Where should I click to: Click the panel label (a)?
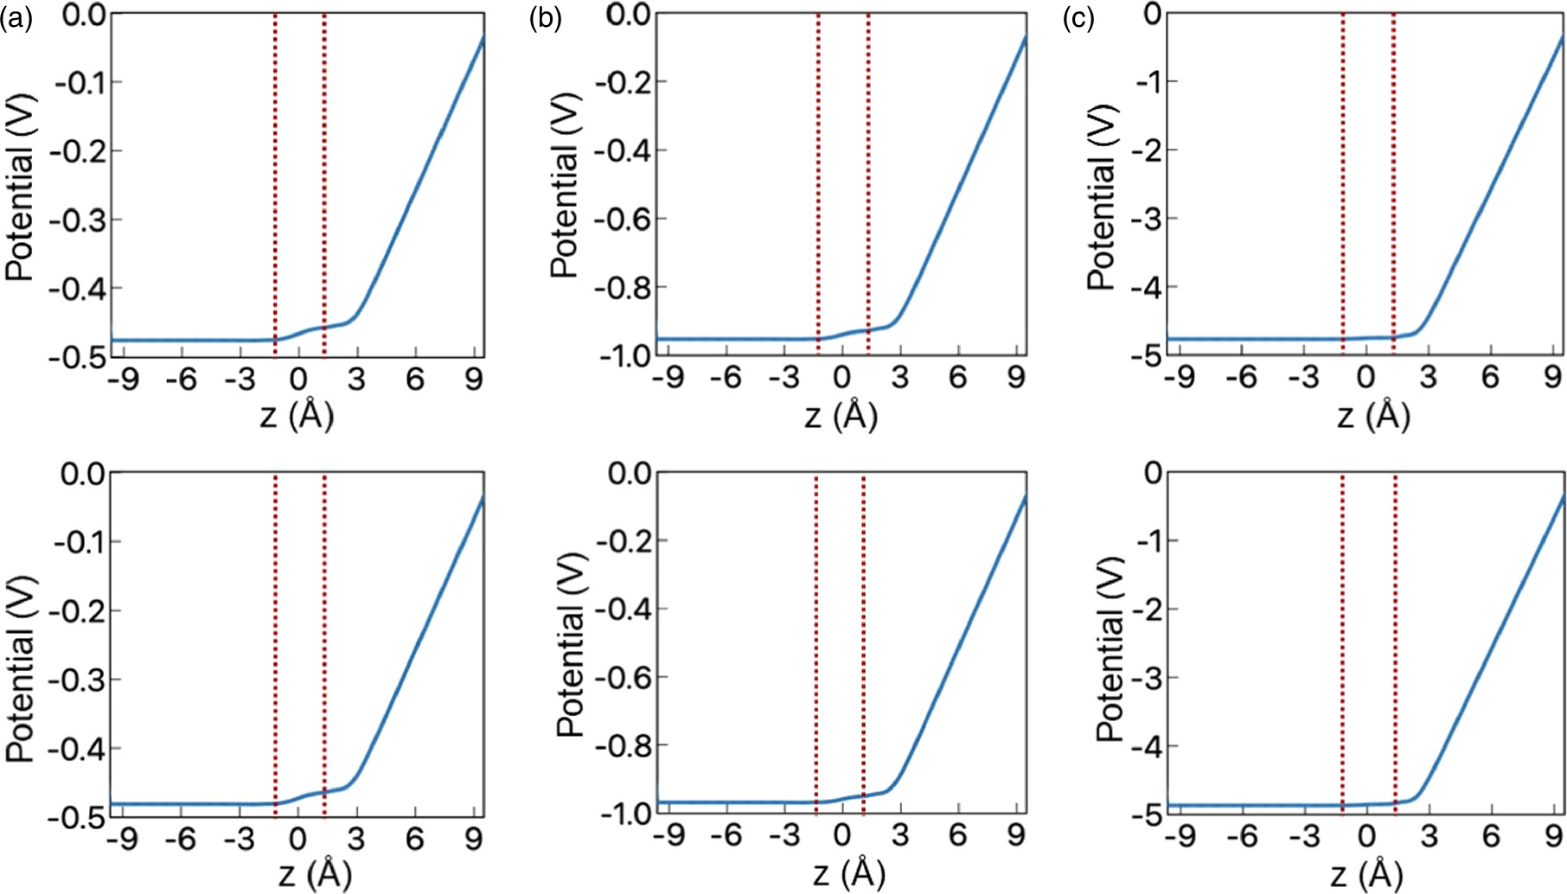point(16,17)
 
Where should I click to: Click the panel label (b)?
point(545,17)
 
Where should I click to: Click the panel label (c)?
point(1078,17)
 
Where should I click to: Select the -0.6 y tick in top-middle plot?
point(619,219)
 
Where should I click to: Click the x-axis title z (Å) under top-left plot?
point(297,417)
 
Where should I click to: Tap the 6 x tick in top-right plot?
point(1489,377)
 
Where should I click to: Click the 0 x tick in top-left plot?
point(298,379)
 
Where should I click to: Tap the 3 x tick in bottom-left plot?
point(356,837)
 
